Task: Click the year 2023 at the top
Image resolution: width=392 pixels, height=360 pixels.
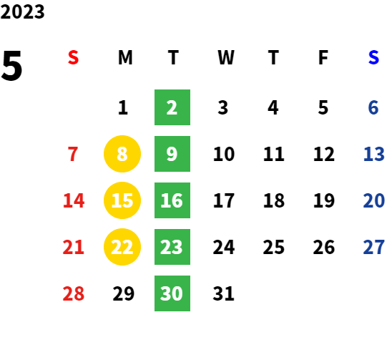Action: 22,11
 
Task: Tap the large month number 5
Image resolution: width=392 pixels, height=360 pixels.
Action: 11,66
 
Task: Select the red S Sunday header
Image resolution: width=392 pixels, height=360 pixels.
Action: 73,57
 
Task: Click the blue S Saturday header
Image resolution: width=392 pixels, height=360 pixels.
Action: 373,57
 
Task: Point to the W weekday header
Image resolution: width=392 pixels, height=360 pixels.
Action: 226,57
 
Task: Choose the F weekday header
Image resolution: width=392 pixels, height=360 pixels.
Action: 323,57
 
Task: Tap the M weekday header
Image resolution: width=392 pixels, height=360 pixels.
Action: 125,57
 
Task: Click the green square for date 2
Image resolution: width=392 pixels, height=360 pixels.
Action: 172,107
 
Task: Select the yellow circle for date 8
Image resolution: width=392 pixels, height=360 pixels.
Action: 122,154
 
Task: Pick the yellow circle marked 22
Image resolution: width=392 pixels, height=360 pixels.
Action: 122,247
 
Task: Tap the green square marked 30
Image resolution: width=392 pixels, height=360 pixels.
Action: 172,293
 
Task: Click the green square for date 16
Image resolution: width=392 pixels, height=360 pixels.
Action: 172,200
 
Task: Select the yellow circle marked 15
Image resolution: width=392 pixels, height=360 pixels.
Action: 122,200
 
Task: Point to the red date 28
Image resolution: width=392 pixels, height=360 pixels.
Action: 74,293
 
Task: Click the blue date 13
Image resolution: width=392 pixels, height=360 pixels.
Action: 373,154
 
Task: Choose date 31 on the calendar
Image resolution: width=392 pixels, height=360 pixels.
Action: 224,293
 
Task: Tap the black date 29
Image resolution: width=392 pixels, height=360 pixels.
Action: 124,293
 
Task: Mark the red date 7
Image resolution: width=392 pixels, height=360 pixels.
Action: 73,154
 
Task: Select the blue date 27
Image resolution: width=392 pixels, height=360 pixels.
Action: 373,247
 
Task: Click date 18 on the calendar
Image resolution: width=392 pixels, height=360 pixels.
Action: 274,200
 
